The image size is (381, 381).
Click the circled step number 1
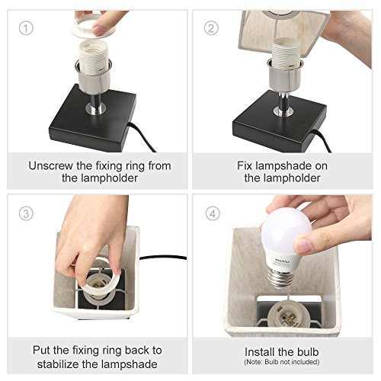coord(26,28)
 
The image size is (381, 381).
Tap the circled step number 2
coord(211,28)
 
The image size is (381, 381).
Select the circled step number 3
coord(26,213)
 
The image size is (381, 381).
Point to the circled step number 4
coord(213,213)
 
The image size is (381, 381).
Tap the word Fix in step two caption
coord(245,166)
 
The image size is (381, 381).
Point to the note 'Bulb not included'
coord(292,362)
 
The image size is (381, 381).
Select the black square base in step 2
coord(280,123)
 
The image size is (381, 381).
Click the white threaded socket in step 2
coord(286,53)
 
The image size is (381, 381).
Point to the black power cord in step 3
coord(163,258)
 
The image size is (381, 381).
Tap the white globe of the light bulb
coord(287,230)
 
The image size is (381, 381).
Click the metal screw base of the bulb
coord(280,279)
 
